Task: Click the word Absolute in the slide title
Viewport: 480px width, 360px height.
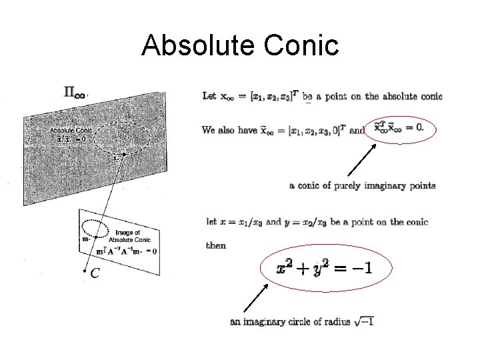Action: pyautogui.click(x=193, y=46)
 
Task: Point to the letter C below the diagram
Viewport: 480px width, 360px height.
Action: pyautogui.click(x=95, y=273)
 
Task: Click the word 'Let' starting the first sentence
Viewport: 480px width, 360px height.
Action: pyautogui.click(x=209, y=97)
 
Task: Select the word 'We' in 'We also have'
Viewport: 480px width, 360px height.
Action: pyautogui.click(x=209, y=130)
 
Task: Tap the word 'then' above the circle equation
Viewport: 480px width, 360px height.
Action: pyautogui.click(x=216, y=245)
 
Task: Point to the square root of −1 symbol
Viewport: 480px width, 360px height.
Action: pyautogui.click(x=364, y=321)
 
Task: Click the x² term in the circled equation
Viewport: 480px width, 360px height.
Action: pyautogui.click(x=285, y=268)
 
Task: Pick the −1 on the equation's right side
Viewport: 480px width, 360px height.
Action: pyautogui.click(x=363, y=268)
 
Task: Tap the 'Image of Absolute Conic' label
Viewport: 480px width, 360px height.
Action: pyautogui.click(x=129, y=236)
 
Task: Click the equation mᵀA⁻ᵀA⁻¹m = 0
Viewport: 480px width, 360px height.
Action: pyautogui.click(x=127, y=251)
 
